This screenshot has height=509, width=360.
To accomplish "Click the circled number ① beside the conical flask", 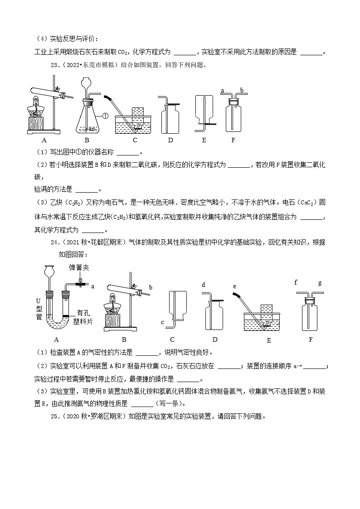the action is click(104, 116).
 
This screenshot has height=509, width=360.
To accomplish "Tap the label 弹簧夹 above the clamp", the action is click(78, 268).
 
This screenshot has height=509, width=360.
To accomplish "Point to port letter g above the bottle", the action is click(320, 283).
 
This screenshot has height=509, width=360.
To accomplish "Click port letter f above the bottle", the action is click(296, 283).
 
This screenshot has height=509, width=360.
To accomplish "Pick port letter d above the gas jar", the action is click(204, 285).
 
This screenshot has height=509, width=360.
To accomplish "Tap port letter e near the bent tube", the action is click(234, 286).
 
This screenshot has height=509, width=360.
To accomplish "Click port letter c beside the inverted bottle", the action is click(162, 322).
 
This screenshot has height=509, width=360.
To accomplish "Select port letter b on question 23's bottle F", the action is click(242, 91).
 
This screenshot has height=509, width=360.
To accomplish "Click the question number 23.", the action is click(55, 65).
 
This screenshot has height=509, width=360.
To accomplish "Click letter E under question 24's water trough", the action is click(268, 340).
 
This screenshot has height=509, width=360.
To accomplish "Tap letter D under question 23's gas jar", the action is click(170, 140).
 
